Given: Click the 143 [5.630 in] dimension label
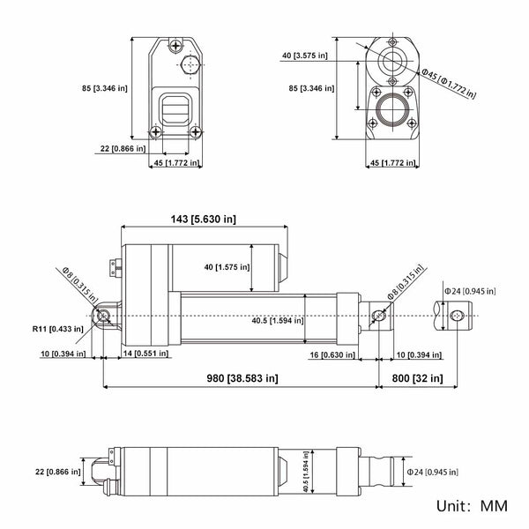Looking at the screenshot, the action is tap(203, 219).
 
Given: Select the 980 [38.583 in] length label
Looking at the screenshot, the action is tap(242, 378).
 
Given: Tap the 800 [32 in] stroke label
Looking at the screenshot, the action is tap(417, 378).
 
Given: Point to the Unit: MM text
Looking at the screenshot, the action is tap(472, 506).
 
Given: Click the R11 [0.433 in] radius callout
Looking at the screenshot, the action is tap(57, 329).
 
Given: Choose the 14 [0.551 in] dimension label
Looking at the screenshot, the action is tap(145, 354).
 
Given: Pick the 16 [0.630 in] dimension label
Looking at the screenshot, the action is tap(332, 354).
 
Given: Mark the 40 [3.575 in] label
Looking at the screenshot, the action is tap(305, 56).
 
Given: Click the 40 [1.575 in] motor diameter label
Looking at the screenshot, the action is tap(227, 267).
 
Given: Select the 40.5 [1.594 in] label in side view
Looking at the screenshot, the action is tap(278, 320).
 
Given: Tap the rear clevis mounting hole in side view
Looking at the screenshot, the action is tap(103, 316).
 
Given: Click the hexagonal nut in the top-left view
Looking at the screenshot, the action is tap(190, 64).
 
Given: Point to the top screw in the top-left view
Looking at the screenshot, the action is tap(175, 45).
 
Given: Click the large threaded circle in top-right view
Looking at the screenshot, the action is tap(392, 109).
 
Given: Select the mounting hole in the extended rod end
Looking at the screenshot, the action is tap(457, 317).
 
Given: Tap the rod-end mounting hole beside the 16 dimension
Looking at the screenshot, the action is tap(379, 317).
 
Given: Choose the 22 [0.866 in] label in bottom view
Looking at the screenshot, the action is tap(57, 472).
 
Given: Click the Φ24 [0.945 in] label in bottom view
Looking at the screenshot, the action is tap(432, 472).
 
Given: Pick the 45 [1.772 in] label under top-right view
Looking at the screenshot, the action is tap(393, 162).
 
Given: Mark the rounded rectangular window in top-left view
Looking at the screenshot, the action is tap(175, 109).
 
